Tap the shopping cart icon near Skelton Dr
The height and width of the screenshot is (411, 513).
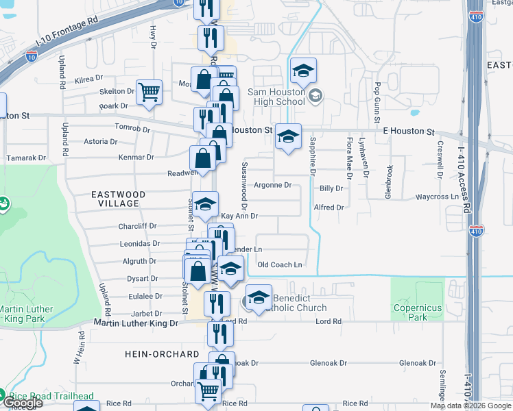(149, 92)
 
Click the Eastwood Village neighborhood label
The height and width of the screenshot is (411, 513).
(119, 199)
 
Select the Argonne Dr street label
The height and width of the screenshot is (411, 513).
(274, 185)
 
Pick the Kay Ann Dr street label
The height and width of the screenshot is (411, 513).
(239, 216)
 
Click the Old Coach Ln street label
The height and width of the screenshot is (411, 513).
(279, 264)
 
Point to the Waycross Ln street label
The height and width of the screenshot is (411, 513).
(437, 197)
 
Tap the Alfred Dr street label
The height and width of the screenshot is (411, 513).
(329, 206)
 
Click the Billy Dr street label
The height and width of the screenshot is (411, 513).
(331, 188)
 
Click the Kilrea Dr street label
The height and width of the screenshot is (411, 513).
(89, 80)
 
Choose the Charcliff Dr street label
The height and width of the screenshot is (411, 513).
(138, 225)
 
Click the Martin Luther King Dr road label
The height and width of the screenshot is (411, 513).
(136, 323)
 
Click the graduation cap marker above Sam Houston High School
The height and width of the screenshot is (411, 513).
(303, 71)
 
